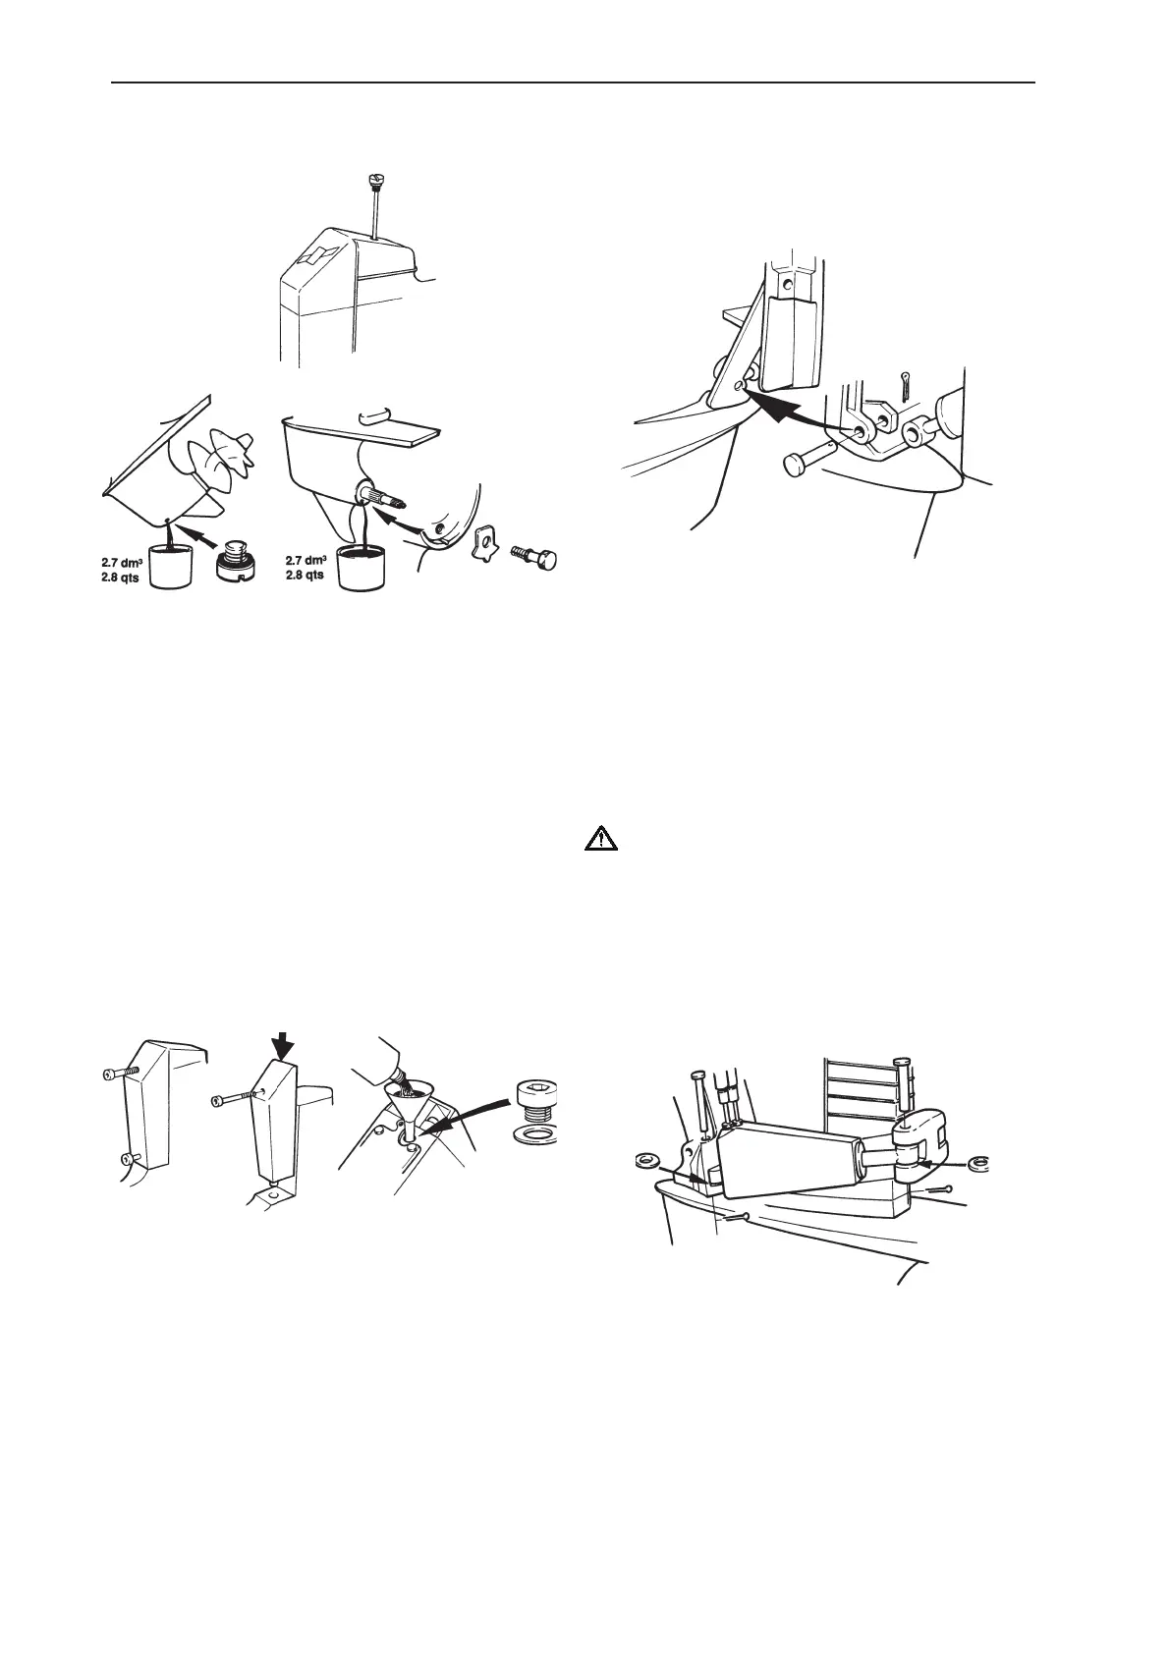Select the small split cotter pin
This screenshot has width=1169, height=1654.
click(905, 384)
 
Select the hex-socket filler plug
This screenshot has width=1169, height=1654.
click(536, 1101)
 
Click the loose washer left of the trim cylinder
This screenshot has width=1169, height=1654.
click(647, 1162)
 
